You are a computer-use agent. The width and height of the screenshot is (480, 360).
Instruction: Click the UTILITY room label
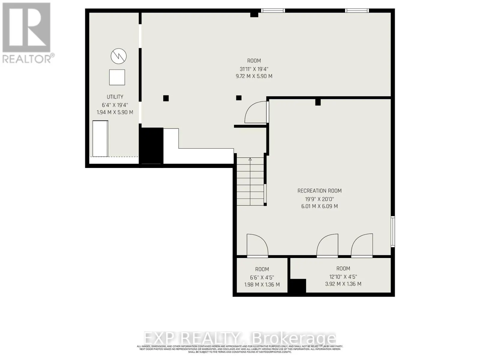[115, 97]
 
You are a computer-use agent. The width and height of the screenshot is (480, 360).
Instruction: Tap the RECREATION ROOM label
[319, 191]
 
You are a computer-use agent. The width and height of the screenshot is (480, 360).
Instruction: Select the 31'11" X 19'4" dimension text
[254, 69]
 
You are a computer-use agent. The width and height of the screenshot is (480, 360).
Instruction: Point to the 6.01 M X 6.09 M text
[319, 206]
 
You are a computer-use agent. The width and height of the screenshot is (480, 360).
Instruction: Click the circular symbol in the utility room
[118, 56]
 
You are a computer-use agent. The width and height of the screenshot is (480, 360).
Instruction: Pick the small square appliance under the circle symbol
[117, 77]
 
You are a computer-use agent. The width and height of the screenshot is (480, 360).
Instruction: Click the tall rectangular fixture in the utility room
[100, 139]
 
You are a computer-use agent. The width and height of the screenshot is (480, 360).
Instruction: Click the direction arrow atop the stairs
[250, 160]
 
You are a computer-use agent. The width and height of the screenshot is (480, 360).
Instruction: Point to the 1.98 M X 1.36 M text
[262, 285]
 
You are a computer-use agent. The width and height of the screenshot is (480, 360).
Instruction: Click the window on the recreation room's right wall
[393, 231]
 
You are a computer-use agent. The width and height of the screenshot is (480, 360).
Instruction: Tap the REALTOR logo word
[27, 59]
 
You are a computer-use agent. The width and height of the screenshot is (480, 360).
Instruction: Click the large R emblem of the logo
[26, 28]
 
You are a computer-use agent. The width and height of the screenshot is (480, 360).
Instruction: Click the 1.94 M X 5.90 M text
[115, 112]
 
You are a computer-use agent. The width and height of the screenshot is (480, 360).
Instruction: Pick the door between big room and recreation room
[256, 113]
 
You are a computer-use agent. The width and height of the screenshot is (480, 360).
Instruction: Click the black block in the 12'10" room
[297, 286]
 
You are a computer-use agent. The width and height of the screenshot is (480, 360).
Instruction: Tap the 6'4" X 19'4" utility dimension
[115, 105]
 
